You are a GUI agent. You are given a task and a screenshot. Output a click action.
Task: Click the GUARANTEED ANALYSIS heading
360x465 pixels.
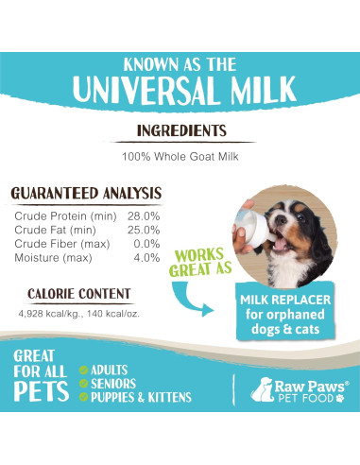click(86, 194)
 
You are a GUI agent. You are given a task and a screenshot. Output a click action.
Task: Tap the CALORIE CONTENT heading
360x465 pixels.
click(79, 294)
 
